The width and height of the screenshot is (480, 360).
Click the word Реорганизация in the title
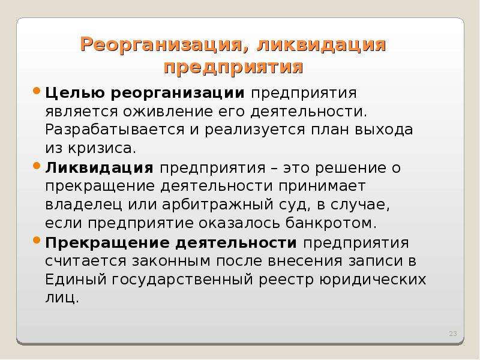[x=164, y=44]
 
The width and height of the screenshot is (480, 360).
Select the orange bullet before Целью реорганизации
[x=37, y=91]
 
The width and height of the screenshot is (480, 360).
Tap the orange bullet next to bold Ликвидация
[x=37, y=166]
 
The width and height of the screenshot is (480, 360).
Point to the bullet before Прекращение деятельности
[x=37, y=241]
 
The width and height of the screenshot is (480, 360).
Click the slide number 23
[x=453, y=334]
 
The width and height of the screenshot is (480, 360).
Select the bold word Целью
[x=75, y=93]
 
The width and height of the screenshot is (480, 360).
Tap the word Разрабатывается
[x=115, y=130]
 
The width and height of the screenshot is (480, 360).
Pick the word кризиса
[x=102, y=149]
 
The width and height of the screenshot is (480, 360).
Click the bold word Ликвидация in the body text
[x=99, y=168]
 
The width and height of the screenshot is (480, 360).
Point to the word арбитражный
[x=218, y=205]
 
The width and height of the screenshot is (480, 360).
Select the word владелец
[x=83, y=205]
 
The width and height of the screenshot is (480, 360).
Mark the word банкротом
[x=331, y=223]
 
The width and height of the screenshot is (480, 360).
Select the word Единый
[x=76, y=280]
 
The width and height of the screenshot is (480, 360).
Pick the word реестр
[x=287, y=280]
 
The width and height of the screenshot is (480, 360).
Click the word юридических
[x=373, y=280]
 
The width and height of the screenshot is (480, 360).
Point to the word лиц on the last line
[x=62, y=298]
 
